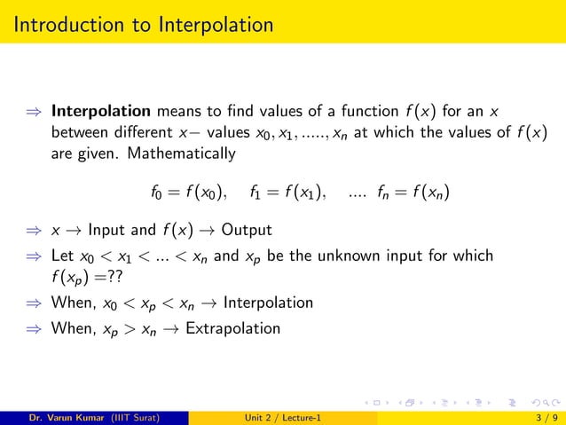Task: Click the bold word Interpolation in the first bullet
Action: pyautogui.click(x=101, y=113)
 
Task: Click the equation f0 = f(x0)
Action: pyautogui.click(x=189, y=191)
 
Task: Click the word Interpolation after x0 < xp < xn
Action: pyautogui.click(x=268, y=303)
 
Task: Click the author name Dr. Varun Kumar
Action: pyautogui.click(x=61, y=415)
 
